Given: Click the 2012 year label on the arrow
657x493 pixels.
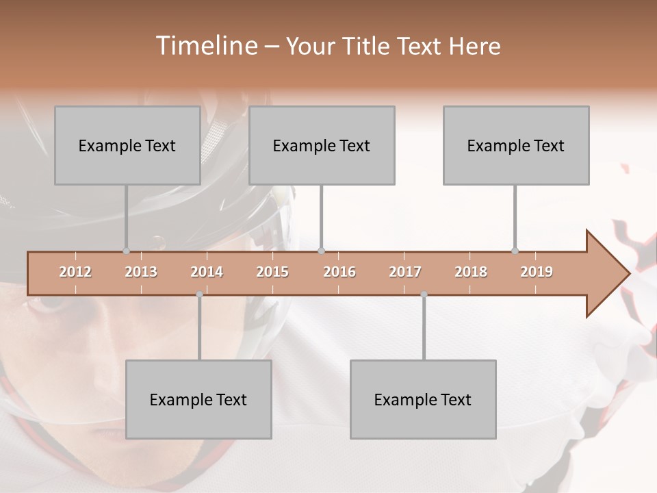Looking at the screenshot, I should (x=75, y=272).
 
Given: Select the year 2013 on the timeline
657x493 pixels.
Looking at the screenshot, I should (x=141, y=272).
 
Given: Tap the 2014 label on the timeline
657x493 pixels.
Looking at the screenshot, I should (x=207, y=272).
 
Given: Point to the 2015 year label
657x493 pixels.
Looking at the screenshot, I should (x=272, y=272).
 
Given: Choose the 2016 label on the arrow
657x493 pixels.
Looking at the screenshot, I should (x=339, y=272).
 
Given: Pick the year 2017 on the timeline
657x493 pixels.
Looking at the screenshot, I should (x=405, y=272).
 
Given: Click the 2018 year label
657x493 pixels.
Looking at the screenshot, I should (x=471, y=272).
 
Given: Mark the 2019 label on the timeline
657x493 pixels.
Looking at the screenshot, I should (x=537, y=272).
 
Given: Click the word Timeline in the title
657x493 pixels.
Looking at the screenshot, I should (x=205, y=46).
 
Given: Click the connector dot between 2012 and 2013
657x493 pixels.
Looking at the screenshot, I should (x=126, y=251).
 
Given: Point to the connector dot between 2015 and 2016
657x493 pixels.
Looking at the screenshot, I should (x=321, y=251).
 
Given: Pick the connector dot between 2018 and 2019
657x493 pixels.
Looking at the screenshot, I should (x=515, y=251).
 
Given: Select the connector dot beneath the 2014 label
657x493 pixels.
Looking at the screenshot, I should (x=199, y=294).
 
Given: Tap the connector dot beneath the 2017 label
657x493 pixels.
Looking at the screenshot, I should (x=424, y=294).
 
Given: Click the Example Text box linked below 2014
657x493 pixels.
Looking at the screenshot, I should (x=198, y=399).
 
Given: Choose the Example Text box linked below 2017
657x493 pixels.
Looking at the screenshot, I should (x=423, y=399).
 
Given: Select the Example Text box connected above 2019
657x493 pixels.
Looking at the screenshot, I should (x=516, y=145).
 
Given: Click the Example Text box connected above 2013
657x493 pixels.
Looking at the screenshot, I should (x=127, y=145).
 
